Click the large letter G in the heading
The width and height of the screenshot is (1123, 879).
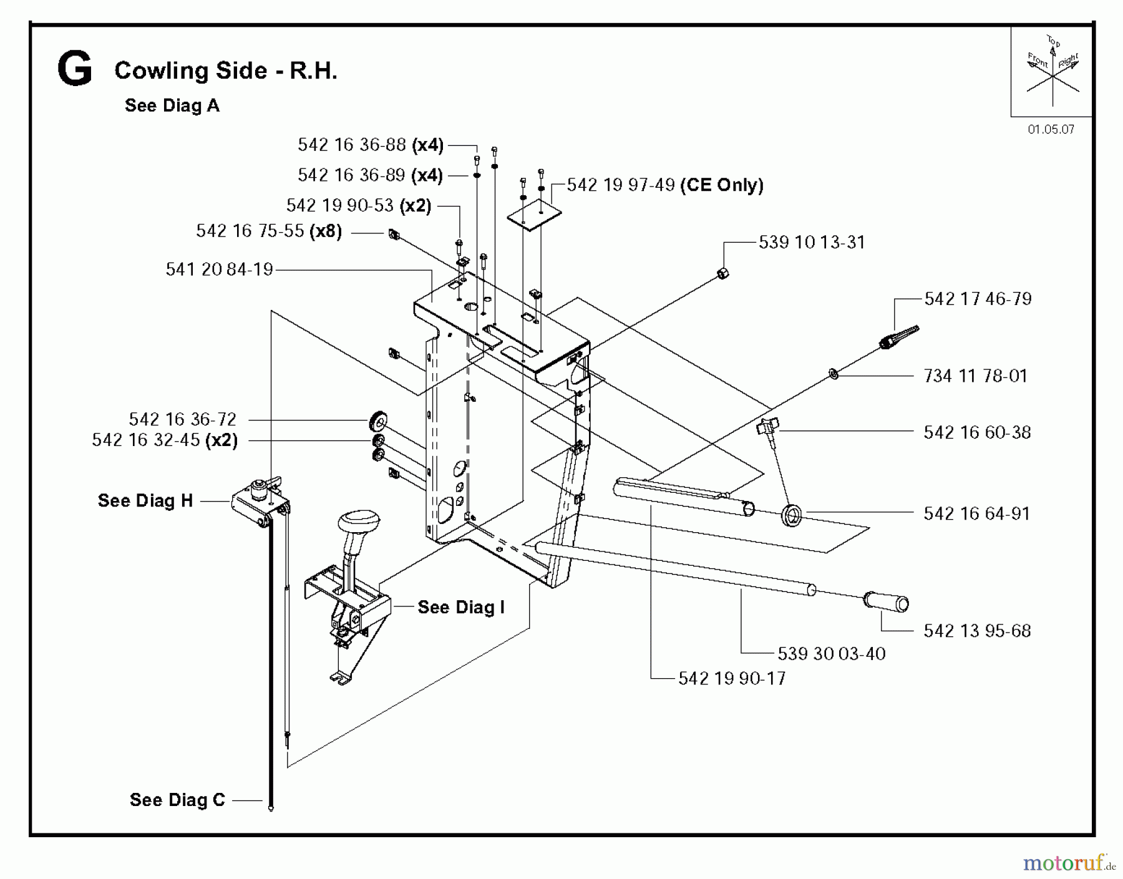coord(74,69)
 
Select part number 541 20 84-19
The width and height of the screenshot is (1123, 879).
coord(219,270)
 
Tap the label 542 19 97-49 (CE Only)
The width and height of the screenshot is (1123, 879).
coord(665,185)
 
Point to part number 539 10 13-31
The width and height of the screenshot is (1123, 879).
coord(812,243)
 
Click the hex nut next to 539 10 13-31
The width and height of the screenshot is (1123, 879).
coord(722,273)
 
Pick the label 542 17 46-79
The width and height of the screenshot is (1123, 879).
coord(978,299)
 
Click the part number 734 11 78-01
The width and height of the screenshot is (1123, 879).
coord(975,376)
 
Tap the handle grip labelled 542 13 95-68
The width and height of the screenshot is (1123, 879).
coord(886,602)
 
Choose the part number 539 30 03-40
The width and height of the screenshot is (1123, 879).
coord(831,654)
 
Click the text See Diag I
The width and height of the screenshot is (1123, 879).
coord(460,608)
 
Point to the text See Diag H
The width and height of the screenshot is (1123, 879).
coord(145,501)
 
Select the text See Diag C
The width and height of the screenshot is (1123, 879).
coord(177,800)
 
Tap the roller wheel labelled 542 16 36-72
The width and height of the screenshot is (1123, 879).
coord(378,420)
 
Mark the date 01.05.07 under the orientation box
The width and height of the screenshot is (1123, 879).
coord(1051,130)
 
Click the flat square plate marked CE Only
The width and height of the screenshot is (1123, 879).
coord(534,215)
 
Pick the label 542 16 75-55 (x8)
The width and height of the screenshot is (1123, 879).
coord(269,231)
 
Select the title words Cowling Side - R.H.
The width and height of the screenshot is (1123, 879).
coord(226,70)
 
